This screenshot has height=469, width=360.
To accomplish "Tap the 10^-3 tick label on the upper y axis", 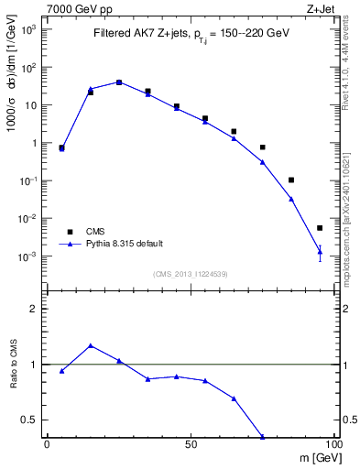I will pyautogui.click(x=28, y=256).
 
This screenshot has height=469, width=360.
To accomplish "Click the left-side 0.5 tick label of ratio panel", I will pyautogui.click(x=30, y=420).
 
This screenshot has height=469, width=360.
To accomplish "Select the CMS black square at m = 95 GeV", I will pyautogui.click(x=320, y=228).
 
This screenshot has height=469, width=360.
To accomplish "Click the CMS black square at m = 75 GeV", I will pyautogui.click(x=262, y=147).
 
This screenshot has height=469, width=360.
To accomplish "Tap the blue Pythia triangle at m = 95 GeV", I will pyautogui.click(x=320, y=251).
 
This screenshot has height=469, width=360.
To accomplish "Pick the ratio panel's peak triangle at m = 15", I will pyautogui.click(x=90, y=345).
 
